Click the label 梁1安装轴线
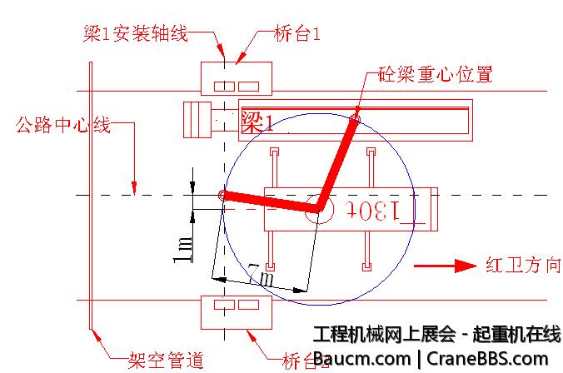click(x=135, y=34)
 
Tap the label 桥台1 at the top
click(x=297, y=34)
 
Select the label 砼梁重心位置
click(x=436, y=74)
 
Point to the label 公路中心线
click(x=63, y=126)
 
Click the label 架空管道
click(x=166, y=361)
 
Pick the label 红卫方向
click(x=524, y=266)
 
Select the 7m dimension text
click(x=260, y=275)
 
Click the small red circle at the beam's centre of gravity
click(x=354, y=120)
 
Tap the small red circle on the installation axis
click(x=223, y=195)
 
